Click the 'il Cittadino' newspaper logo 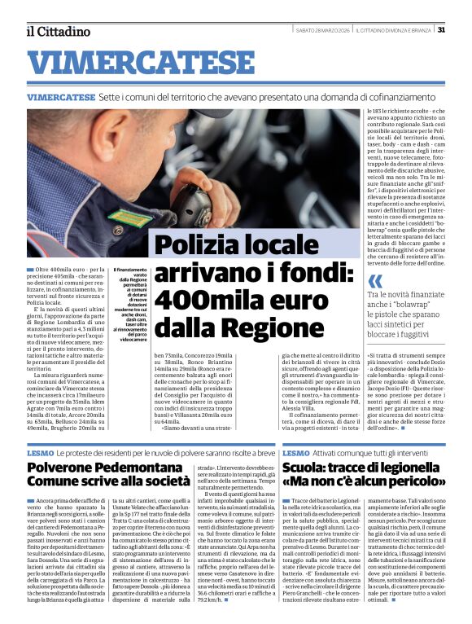click(x=58, y=31)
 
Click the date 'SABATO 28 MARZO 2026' click(x=323, y=30)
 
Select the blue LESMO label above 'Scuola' click(x=295, y=452)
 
